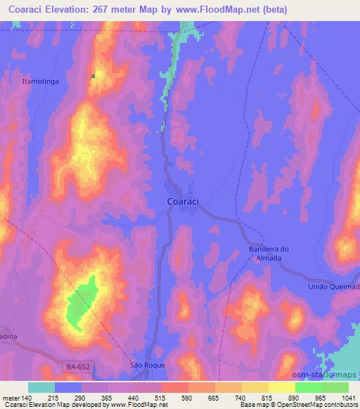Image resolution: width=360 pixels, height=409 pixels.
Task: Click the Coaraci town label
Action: coord(183,202)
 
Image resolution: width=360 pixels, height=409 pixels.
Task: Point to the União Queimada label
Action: coord(334,287)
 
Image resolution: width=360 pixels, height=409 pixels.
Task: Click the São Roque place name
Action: coord(146,365)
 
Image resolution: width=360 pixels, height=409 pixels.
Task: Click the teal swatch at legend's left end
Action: coord(41,387)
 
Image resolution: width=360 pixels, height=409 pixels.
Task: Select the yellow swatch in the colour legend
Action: coord(281,387)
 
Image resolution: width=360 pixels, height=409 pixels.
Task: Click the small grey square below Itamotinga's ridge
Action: coord(94,76)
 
